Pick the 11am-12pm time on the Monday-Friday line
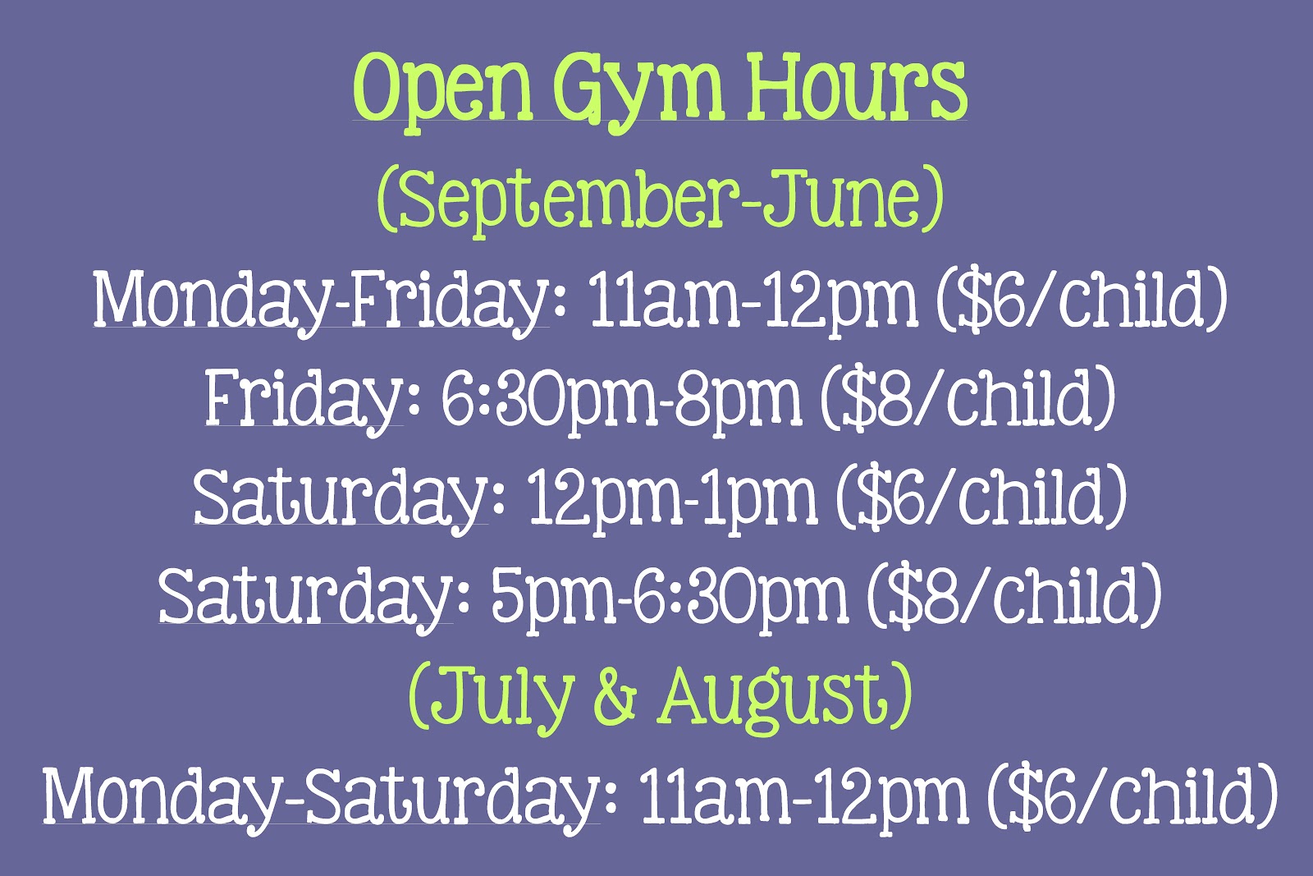[x=753, y=300]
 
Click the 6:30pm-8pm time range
[x=620, y=399]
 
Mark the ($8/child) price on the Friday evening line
[x=968, y=398]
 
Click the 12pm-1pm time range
[x=672, y=498]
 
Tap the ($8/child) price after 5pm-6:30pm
[x=1014, y=595]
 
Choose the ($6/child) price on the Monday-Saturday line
[x=1132, y=795]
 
